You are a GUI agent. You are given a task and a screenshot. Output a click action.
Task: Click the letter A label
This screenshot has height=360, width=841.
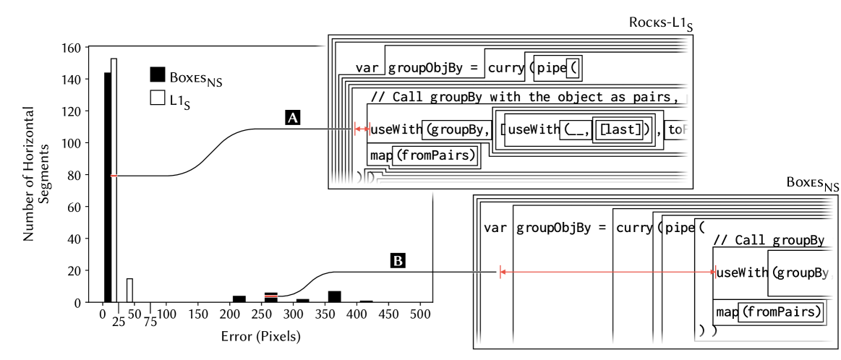point(293,119)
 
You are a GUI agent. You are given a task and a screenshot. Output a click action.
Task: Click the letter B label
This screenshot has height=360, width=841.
point(398,261)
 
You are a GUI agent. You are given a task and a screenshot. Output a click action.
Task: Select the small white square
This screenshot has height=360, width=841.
point(158,98)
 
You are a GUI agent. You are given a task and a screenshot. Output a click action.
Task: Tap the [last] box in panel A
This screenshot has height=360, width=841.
point(617,130)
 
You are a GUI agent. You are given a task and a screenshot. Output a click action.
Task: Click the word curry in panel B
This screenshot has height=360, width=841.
point(634,228)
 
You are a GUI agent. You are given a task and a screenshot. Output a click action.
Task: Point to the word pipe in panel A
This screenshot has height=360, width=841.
point(551,69)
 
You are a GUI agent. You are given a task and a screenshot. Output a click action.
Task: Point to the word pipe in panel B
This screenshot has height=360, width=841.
point(680,228)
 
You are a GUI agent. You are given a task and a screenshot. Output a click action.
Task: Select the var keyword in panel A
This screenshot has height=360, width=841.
point(367,69)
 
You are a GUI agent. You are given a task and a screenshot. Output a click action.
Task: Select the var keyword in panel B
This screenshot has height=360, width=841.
point(495,228)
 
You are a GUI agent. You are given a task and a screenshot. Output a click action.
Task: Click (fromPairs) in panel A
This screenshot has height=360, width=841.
point(436,155)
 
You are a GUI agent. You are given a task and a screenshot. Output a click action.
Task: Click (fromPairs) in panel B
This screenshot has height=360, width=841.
point(782,312)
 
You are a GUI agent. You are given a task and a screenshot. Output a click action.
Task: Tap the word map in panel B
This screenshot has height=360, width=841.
point(727,312)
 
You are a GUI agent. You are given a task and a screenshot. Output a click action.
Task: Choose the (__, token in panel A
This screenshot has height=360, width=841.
point(576,130)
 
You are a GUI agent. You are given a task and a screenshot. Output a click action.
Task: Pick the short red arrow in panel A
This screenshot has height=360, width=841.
point(361,129)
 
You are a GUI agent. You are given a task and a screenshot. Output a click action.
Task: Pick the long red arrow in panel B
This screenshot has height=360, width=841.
point(607,273)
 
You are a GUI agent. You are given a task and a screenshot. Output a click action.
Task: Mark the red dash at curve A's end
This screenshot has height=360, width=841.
point(114,176)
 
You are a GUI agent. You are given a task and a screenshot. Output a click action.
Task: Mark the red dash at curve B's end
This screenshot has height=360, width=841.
point(271,296)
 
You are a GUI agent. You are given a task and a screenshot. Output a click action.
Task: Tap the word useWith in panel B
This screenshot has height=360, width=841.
point(741,273)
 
